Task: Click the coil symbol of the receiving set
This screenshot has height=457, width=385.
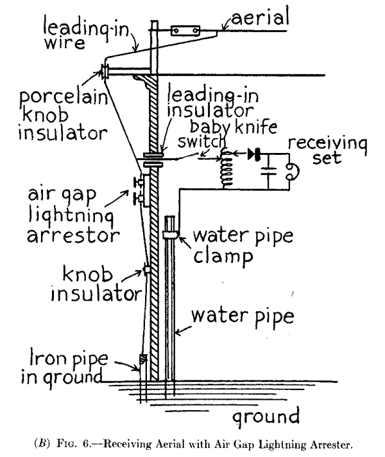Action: tap(226, 172)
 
